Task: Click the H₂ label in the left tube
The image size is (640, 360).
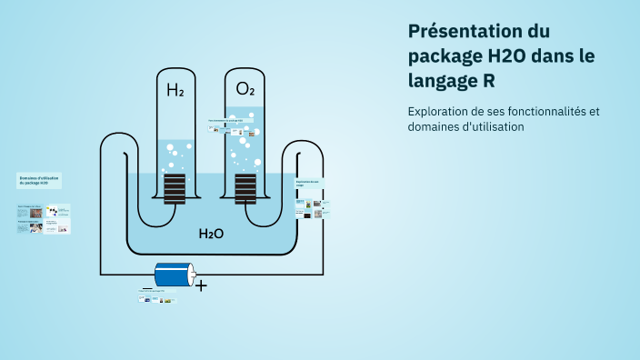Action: click(x=175, y=90)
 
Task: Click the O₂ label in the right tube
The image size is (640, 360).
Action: click(x=245, y=89)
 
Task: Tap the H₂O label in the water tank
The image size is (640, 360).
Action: click(x=211, y=234)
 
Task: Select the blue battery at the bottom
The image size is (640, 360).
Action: click(x=174, y=275)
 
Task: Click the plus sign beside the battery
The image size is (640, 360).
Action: click(x=201, y=285)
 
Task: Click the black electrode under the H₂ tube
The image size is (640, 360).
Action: click(x=175, y=189)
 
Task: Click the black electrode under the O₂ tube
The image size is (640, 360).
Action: click(x=245, y=189)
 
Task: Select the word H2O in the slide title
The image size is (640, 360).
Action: click(x=512, y=55)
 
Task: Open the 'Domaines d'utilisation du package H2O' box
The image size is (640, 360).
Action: click(x=39, y=181)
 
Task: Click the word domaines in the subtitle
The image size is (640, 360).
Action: click(x=433, y=127)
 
